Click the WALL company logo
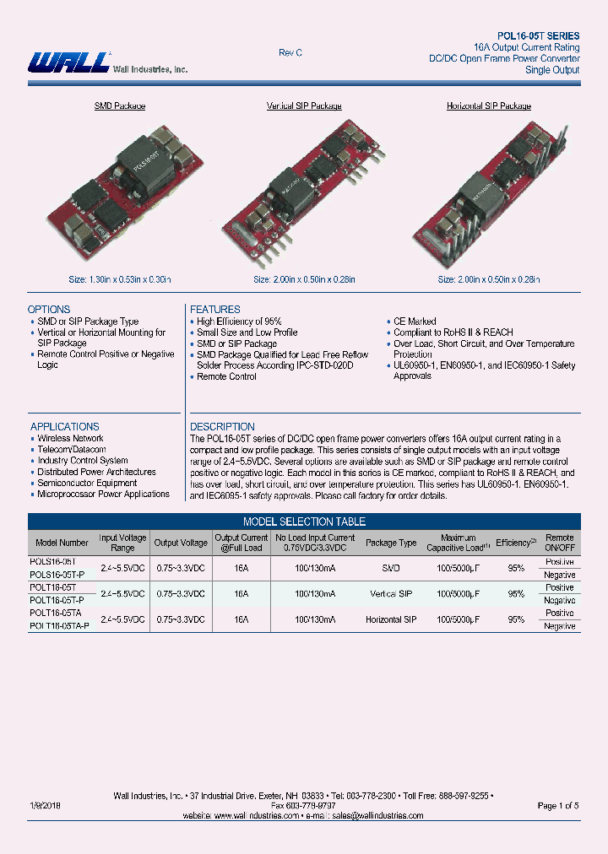[x=69, y=62]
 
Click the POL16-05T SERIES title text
[x=538, y=36]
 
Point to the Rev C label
[x=290, y=53]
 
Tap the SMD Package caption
[x=119, y=106]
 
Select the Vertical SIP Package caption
[x=304, y=106]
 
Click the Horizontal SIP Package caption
[x=488, y=106]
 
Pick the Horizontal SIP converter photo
[x=488, y=194]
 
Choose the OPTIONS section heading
[x=49, y=310]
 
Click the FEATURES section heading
[x=215, y=310]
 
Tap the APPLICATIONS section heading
[x=65, y=427]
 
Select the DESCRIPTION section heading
[x=222, y=427]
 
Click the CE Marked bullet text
[x=415, y=322]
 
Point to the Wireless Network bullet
[x=70, y=439]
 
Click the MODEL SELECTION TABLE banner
[x=304, y=522]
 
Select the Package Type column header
[x=391, y=543]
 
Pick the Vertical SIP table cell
[x=393, y=594]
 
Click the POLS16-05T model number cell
[x=52, y=561]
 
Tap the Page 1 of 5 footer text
[x=558, y=806]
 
